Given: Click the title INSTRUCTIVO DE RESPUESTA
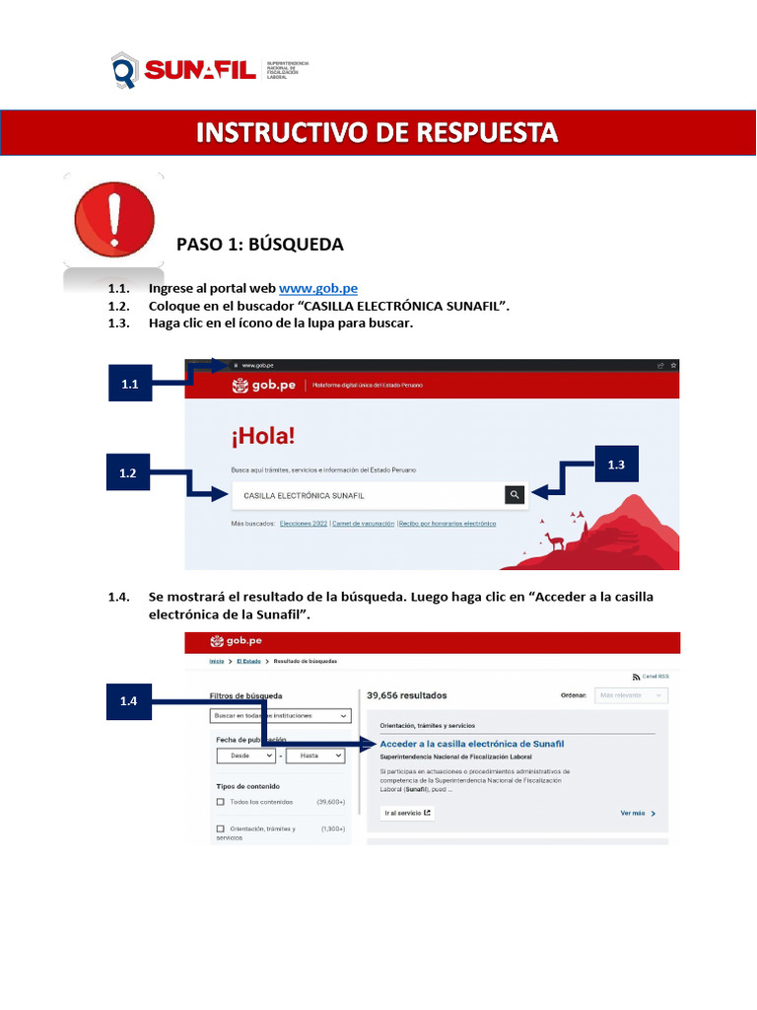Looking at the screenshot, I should click(378, 132).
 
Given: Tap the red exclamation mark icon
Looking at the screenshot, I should click(114, 219).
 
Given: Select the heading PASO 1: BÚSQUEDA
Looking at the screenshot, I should click(259, 244).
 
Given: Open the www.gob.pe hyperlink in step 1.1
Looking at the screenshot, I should click(317, 288).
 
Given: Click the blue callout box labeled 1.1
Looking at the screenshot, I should click(129, 385).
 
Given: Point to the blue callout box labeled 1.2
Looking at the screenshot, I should click(127, 473).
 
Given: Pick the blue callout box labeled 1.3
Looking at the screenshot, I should click(616, 464).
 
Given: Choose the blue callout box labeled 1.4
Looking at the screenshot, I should click(128, 701).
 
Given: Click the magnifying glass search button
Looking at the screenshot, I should click(514, 495).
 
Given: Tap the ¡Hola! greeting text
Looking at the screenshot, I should click(263, 435).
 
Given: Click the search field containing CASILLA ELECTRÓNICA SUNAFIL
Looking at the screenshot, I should click(365, 495).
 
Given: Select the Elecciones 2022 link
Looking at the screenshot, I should click(303, 524).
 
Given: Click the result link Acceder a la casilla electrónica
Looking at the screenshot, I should click(471, 743).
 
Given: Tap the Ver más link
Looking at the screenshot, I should click(637, 814).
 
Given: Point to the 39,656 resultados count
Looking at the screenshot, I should click(406, 695).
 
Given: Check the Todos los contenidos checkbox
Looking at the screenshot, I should click(220, 803).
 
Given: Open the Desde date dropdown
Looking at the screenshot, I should click(245, 755).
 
